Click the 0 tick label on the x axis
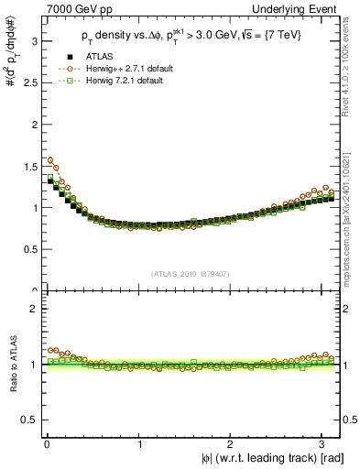47,443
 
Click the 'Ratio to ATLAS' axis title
12,365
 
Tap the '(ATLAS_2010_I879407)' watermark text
191,274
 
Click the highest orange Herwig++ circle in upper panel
49,159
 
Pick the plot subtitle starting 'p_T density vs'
192,37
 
